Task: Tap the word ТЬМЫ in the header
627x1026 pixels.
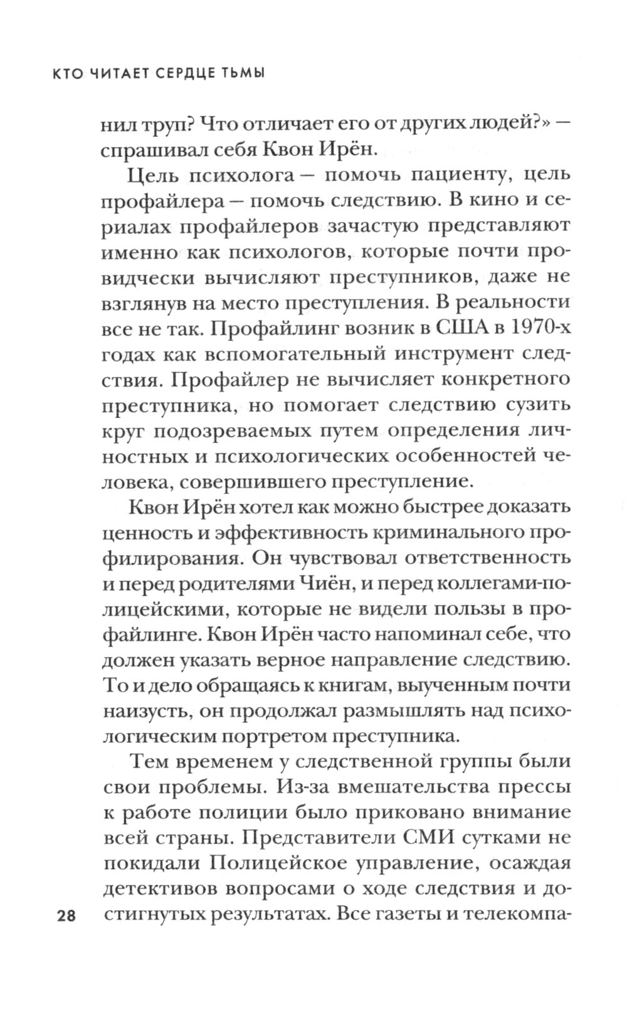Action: [x=240, y=73]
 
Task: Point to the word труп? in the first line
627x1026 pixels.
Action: [x=173, y=124]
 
